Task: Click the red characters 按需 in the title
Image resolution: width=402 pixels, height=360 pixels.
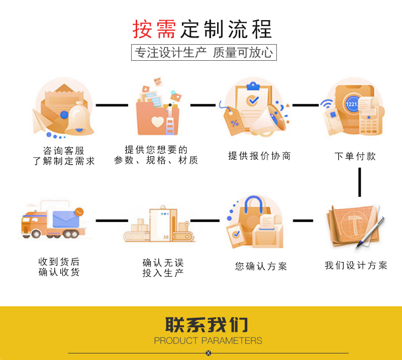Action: click(x=154, y=30)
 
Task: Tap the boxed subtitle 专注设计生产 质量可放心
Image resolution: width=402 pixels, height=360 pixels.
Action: click(x=204, y=53)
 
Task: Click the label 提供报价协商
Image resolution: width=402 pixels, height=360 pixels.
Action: click(x=259, y=156)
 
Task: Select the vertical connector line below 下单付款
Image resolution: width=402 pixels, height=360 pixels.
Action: click(x=360, y=182)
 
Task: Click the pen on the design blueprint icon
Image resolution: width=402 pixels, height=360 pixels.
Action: click(x=371, y=232)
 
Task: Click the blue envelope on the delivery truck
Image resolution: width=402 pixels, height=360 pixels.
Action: click(x=67, y=219)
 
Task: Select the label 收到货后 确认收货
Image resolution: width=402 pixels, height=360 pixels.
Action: click(x=59, y=267)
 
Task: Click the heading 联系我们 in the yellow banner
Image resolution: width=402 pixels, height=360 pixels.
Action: click(x=207, y=325)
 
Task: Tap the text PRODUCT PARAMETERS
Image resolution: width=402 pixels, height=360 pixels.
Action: click(x=208, y=341)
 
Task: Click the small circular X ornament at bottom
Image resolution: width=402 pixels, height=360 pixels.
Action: click(x=209, y=353)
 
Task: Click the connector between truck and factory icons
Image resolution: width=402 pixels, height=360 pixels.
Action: click(x=111, y=221)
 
